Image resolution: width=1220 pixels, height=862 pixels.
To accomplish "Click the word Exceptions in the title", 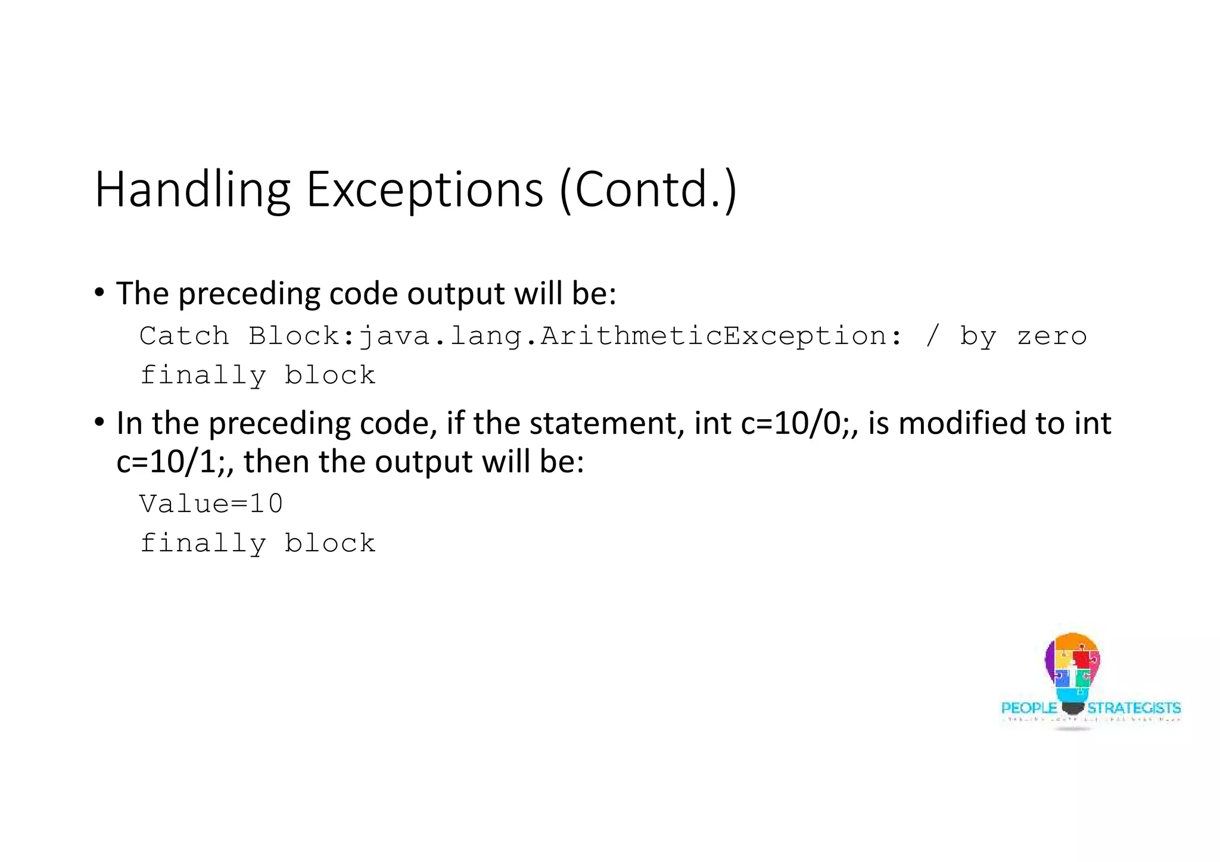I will tap(424, 190).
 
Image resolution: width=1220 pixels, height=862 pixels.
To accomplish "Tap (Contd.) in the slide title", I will tap(648, 190).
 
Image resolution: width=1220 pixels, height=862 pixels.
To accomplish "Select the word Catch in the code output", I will tap(184, 336).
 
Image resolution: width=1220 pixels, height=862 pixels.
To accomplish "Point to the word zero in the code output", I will tap(1051, 336).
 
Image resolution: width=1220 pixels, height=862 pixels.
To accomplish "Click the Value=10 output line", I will tap(211, 504).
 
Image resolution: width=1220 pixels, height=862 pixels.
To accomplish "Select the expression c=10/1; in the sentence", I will tap(174, 462).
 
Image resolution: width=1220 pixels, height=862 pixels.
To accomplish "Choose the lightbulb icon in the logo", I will tap(1072, 670).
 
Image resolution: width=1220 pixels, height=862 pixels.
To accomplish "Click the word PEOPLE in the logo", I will tap(1029, 708).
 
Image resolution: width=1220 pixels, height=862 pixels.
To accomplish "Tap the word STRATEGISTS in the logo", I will tap(1134, 708).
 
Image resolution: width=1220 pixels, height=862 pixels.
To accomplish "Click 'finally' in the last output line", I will tap(203, 544).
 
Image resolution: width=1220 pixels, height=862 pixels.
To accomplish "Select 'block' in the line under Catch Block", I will tap(330, 376).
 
